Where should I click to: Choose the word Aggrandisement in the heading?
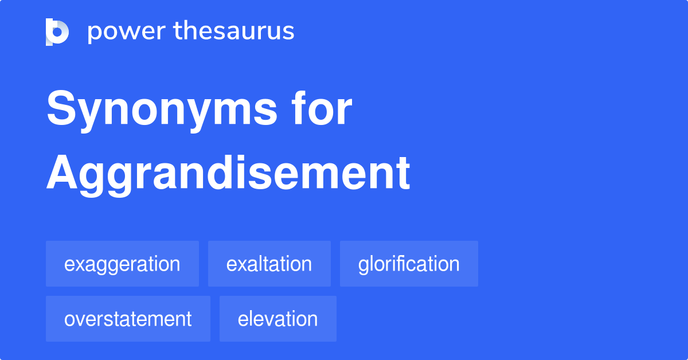pyautogui.click(x=228, y=173)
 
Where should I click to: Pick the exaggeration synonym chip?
pyautogui.click(x=122, y=264)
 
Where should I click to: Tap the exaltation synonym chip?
pyautogui.click(x=269, y=264)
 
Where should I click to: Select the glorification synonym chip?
pyautogui.click(x=409, y=264)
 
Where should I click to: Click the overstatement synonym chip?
pyautogui.click(x=128, y=319)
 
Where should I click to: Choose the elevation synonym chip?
pyautogui.click(x=277, y=319)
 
